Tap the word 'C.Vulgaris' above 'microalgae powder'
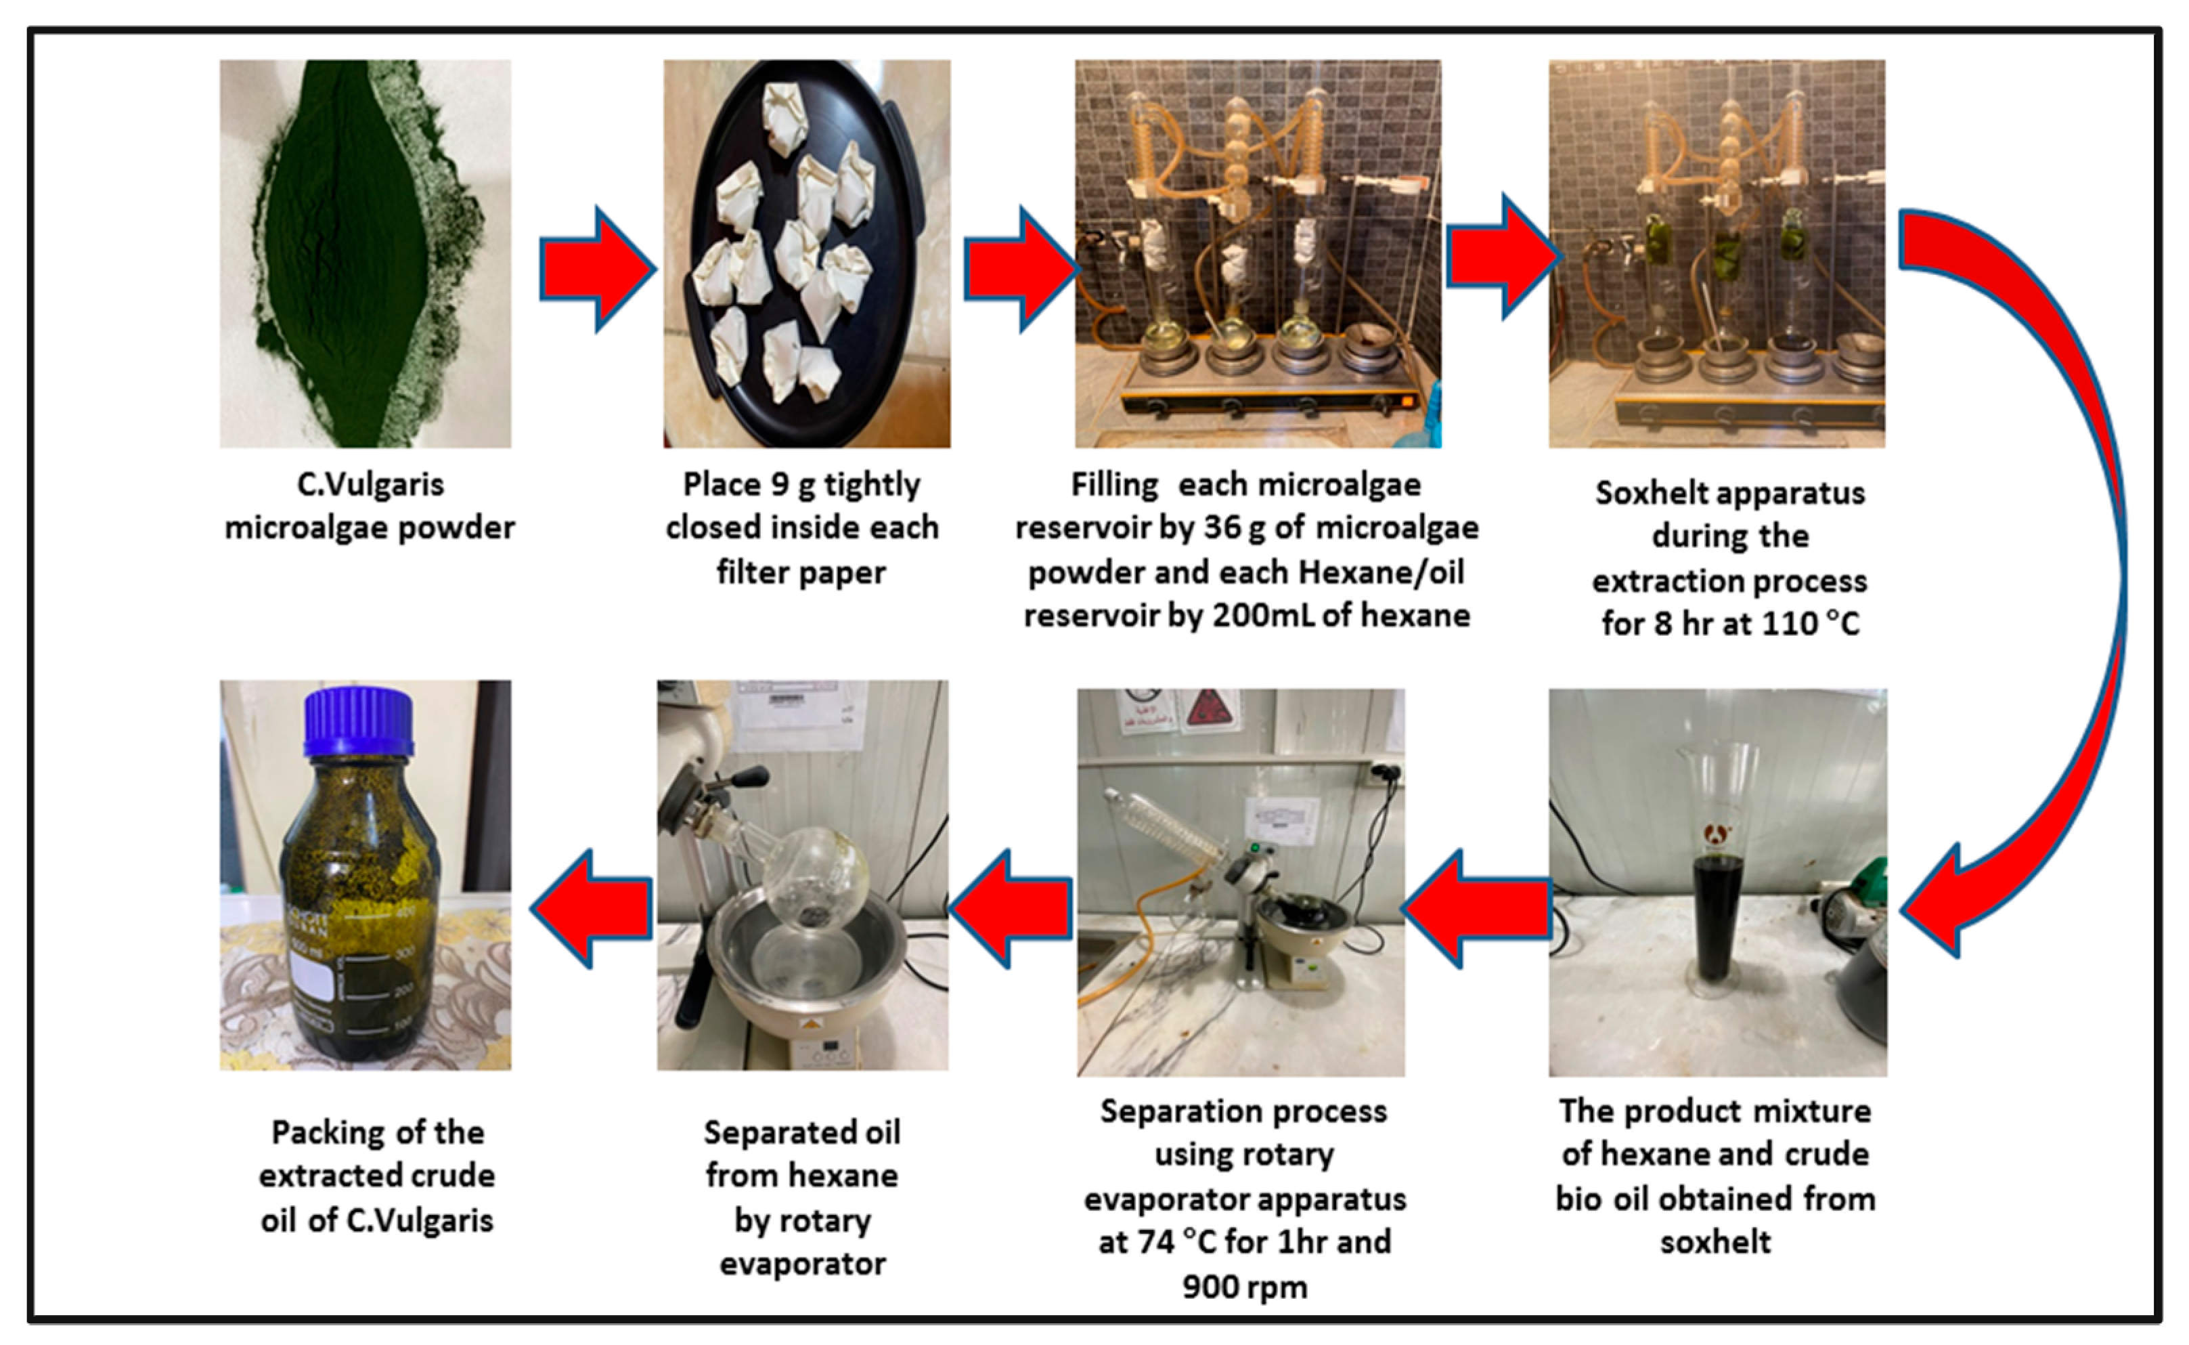tap(370, 485)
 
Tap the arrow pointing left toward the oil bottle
tap(592, 908)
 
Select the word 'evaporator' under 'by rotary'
tap(802, 1264)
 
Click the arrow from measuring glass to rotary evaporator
tap(1476, 908)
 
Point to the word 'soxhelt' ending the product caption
tap(1715, 1243)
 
